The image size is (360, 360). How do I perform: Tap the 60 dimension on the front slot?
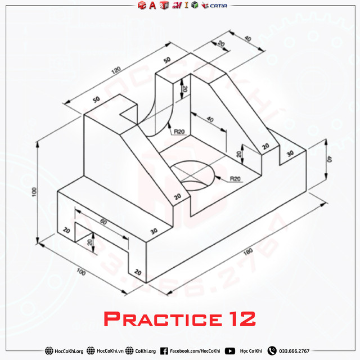point(103,222)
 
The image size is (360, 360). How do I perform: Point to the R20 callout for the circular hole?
point(235,179)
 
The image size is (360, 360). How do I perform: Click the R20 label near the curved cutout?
point(179,132)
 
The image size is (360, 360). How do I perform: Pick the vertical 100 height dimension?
point(34,192)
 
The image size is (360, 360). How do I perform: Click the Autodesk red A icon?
point(152,6)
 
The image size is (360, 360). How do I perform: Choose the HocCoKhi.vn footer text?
point(112,351)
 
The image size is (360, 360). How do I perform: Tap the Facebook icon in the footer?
point(164,351)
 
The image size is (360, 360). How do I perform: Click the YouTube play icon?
point(230,351)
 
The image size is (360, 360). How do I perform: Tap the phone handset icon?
point(272,351)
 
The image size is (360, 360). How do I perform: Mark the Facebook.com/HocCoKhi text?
point(195,351)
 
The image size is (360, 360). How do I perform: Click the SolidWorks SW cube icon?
point(164,6)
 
